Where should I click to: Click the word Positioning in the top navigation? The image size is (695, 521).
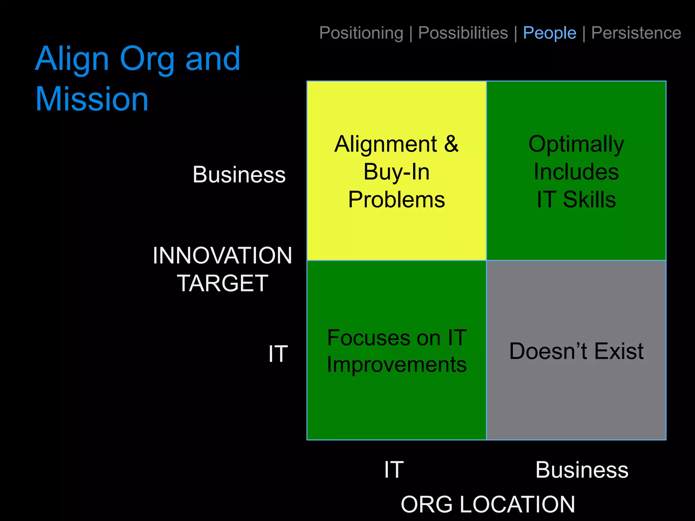click(361, 33)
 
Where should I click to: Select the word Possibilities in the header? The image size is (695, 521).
click(463, 33)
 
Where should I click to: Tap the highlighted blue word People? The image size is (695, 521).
click(549, 33)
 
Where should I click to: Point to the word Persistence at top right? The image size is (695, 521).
click(636, 33)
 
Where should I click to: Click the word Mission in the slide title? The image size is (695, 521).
click(92, 99)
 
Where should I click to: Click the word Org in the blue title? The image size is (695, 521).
click(147, 59)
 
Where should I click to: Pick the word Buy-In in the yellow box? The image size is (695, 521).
click(396, 172)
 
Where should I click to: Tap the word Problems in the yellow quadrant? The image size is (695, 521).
click(396, 199)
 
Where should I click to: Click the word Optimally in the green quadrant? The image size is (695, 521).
click(576, 144)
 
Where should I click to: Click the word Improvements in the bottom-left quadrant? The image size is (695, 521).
click(396, 365)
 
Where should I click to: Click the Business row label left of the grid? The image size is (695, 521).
click(239, 175)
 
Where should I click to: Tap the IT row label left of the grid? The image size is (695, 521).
click(278, 354)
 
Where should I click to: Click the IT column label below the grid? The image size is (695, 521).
click(394, 470)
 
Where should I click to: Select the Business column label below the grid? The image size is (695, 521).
click(582, 470)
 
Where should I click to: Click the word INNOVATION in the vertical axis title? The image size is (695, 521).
click(222, 255)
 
